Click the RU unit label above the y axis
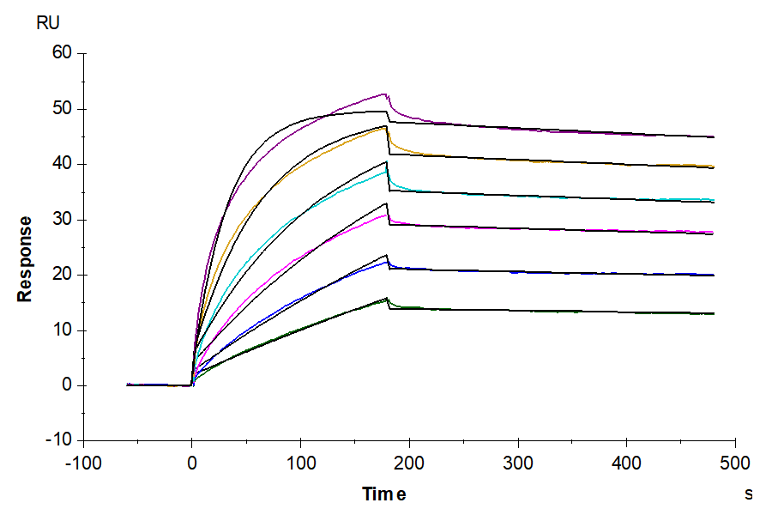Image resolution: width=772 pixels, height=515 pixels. tap(48, 23)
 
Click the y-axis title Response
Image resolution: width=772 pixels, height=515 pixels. tap(25, 258)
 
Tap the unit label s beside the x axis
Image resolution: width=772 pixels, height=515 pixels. tap(748, 494)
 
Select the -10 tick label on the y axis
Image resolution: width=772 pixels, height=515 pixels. tap(60, 440)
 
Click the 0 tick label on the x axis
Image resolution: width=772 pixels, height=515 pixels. tap(192, 463)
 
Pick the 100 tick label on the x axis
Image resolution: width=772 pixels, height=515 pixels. tap(300, 463)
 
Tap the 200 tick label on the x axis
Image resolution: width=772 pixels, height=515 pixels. tap(409, 463)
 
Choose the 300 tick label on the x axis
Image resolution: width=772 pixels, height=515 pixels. tap(518, 463)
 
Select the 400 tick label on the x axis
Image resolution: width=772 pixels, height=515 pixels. tap(626, 463)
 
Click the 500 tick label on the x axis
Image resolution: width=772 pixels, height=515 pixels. tap(735, 463)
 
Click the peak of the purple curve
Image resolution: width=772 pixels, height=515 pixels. tap(384, 94)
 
